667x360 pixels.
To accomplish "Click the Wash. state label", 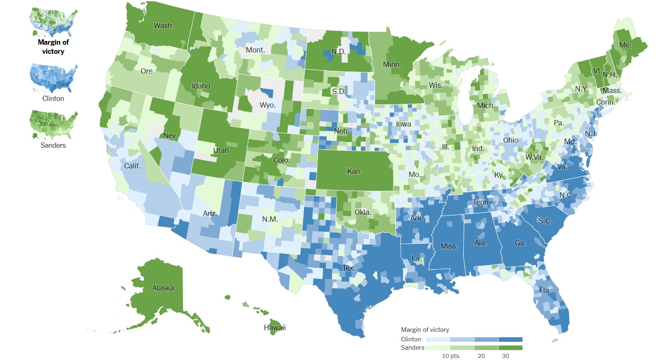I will pos(164,26).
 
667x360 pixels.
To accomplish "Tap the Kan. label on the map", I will pos(354,171).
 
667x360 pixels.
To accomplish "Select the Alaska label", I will pos(163,288).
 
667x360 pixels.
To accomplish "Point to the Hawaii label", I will pos(275,328).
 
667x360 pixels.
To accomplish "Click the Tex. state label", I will pos(349,268).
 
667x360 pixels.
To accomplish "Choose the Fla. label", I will pos(545,290).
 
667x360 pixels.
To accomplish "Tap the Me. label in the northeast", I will pos(625,45).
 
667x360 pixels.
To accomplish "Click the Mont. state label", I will pos(255,50).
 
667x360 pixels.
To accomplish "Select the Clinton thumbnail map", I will pos(53,79).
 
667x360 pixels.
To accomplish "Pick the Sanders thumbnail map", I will pos(53,125).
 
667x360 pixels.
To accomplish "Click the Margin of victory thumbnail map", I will pos(53,22).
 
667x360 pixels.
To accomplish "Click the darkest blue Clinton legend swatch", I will pos(510,339).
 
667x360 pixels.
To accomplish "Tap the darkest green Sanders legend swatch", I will pos(510,348).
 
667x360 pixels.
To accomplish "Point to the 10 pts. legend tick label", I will pos(451,356).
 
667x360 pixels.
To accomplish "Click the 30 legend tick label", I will pos(505,356).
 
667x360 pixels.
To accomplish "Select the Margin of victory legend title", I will pos(425,330).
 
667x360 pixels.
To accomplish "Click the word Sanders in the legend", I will pos(412,348).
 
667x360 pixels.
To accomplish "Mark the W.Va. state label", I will pos(534,157).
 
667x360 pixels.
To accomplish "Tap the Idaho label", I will pos(201,86).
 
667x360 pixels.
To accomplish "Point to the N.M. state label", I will pos(270,219).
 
